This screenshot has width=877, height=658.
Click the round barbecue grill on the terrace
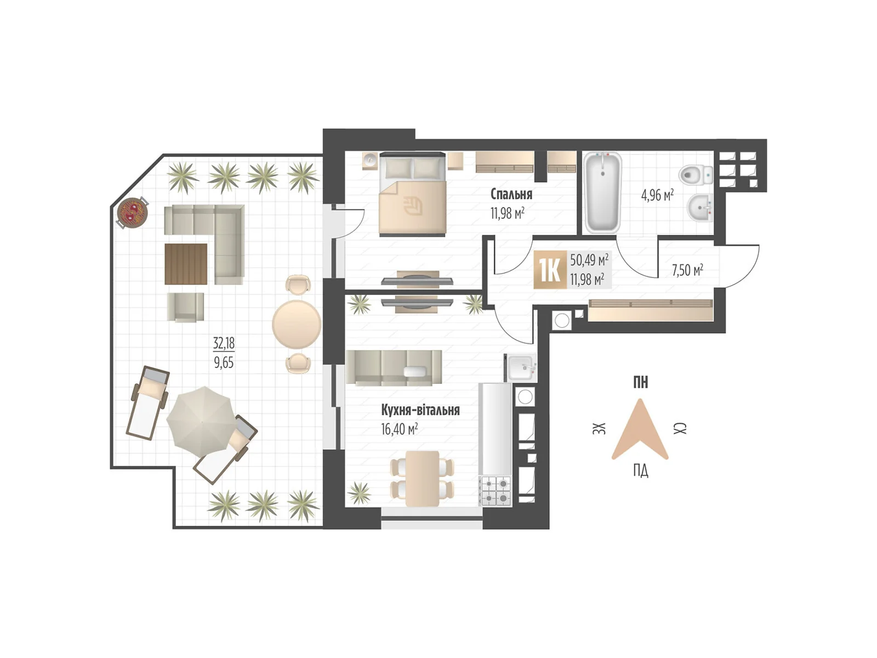(x=132, y=213)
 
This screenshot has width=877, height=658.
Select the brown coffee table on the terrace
(x=186, y=264)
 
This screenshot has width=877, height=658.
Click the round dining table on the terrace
(x=297, y=324)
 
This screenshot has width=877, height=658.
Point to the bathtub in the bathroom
(x=602, y=192)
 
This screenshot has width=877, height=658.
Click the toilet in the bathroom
(x=696, y=174)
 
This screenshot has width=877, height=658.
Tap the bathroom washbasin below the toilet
(x=700, y=208)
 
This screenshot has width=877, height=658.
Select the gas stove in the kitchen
(x=495, y=491)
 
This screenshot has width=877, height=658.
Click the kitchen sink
(x=522, y=367)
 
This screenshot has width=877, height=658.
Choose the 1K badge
(x=550, y=269)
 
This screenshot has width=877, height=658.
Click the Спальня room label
(x=511, y=194)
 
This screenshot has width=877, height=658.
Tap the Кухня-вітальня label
(x=420, y=410)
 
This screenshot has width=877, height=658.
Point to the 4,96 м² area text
(x=657, y=196)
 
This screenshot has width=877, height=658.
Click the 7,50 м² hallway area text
(x=687, y=270)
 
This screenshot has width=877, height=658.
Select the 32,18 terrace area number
(x=224, y=343)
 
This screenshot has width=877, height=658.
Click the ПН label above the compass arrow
(x=640, y=382)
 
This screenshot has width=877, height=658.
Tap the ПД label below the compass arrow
(x=640, y=471)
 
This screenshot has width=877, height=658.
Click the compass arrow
(x=640, y=429)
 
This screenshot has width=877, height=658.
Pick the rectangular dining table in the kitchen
(x=422, y=479)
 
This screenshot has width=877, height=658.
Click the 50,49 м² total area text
(x=589, y=260)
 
